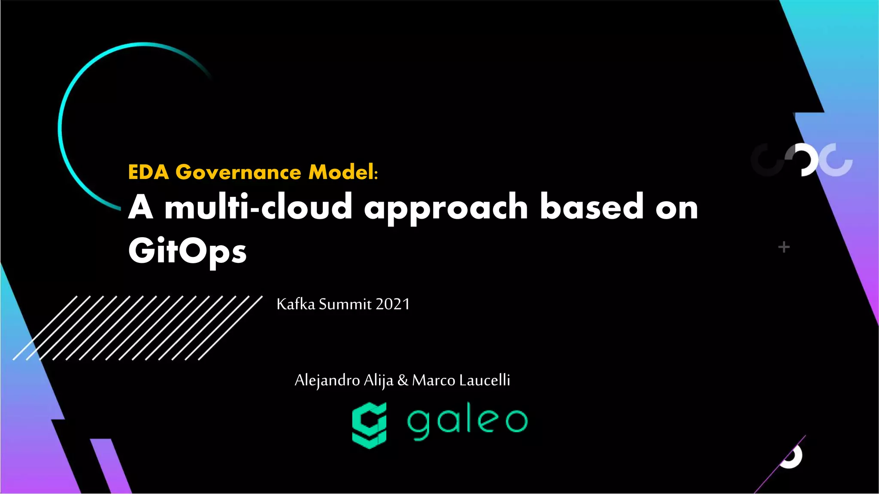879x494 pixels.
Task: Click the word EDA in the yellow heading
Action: coord(148,172)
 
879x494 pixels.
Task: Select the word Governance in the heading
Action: coord(239,172)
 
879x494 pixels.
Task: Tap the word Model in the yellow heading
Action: coord(341,172)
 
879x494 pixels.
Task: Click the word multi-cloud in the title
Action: coord(258,207)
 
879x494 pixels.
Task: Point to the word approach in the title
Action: coord(446,208)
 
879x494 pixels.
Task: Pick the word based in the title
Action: coord(591,207)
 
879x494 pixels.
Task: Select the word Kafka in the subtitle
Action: coord(296,304)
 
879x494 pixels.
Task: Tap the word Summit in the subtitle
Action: coord(345,304)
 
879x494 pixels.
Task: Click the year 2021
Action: coord(393,304)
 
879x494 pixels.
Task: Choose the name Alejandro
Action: coord(327,380)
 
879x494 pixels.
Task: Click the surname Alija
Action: coord(378,380)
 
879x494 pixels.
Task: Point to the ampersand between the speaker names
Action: coord(403,380)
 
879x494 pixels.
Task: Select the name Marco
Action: coord(433,380)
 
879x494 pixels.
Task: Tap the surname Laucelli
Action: coord(485,380)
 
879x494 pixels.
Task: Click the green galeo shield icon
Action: coord(369,425)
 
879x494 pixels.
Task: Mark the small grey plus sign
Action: coord(784,247)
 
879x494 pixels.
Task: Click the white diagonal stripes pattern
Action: coord(137,328)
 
